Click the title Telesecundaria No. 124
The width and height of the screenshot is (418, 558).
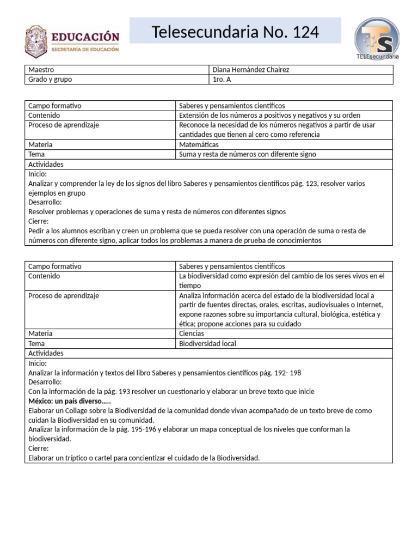[235, 33]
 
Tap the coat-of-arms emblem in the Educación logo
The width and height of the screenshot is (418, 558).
[36, 43]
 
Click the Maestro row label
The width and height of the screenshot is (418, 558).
[41, 70]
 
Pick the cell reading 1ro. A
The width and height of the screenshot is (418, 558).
[222, 80]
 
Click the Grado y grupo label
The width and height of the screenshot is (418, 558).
[50, 80]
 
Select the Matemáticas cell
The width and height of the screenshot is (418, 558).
[199, 145]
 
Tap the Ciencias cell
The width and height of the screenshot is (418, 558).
[192, 333]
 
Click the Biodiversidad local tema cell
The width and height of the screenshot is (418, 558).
[207, 344]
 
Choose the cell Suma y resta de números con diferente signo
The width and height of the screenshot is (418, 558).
[247, 154]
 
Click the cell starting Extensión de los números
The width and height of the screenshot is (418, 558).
[269, 116]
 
